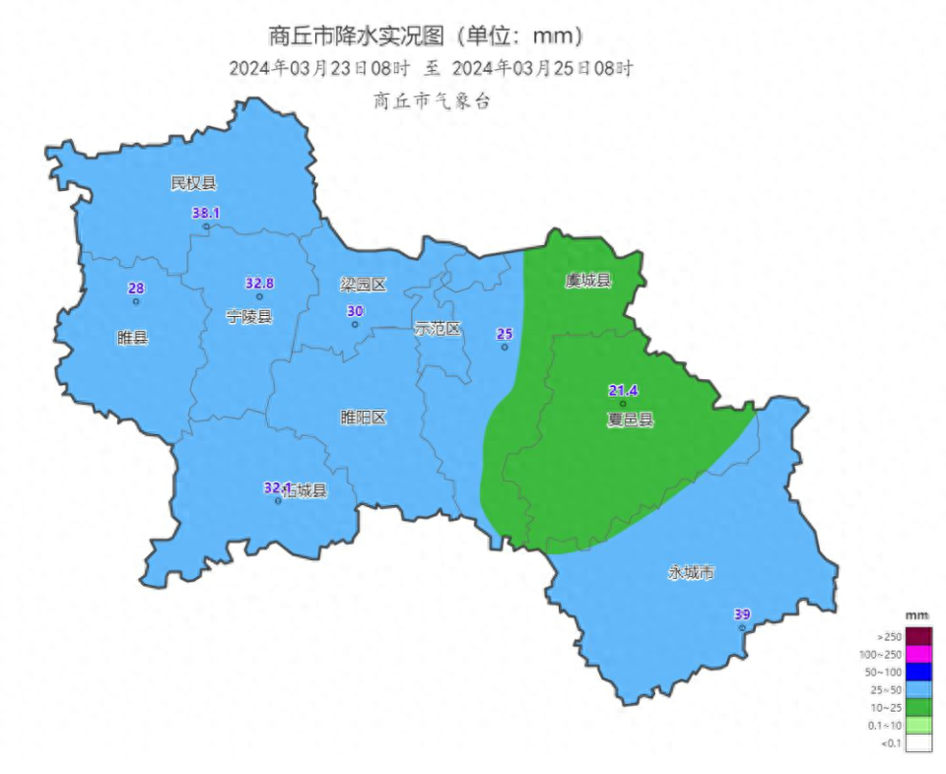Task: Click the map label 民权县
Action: coord(192,182)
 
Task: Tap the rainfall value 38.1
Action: coord(205,213)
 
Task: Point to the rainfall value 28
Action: coord(136,289)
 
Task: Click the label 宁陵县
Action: coord(248,316)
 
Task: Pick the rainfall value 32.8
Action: coord(259,284)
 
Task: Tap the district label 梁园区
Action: coord(363,285)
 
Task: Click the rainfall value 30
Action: coord(355,311)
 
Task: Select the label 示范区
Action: coord(438,329)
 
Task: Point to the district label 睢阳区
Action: coord(363,418)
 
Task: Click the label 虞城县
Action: coord(588,281)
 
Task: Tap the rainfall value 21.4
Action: coord(622,391)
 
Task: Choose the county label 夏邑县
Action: coord(630,419)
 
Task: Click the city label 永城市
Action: coord(691,572)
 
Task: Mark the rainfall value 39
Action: coord(742,614)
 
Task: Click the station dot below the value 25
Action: coord(505,347)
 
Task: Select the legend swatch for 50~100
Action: coord(918,672)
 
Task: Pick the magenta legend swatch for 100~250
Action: coord(918,654)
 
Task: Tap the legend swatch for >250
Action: coord(918,636)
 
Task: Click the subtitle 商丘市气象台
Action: coord(431,100)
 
